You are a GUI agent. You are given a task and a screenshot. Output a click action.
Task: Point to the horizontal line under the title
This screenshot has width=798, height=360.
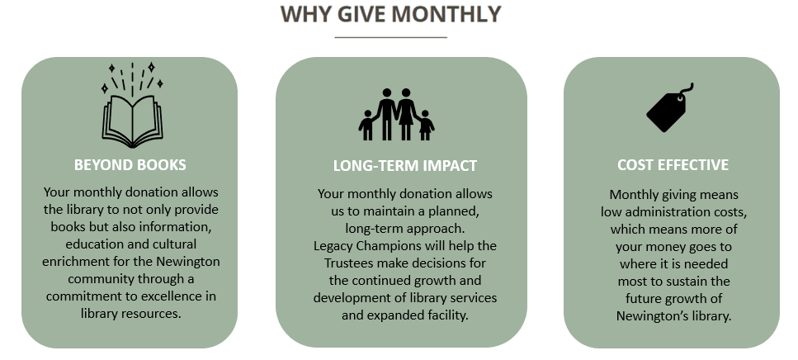pyautogui.click(x=390, y=37)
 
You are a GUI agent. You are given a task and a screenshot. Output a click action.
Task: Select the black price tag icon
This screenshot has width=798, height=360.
pyautogui.click(x=667, y=111)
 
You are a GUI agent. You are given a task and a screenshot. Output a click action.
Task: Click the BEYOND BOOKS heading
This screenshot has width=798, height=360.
pyautogui.click(x=130, y=164)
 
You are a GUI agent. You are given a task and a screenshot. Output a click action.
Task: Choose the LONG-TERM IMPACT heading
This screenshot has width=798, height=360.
pyautogui.click(x=404, y=165)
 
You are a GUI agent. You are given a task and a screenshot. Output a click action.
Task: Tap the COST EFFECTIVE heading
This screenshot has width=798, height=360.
pyautogui.click(x=673, y=165)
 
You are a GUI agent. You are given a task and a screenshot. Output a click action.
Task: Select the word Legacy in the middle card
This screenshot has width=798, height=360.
pyautogui.click(x=334, y=246)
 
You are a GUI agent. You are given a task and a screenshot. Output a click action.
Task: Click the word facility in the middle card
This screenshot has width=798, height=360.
pyautogui.click(x=445, y=315)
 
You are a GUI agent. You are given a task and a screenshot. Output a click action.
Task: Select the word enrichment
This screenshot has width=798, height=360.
pyautogui.click(x=74, y=263)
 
